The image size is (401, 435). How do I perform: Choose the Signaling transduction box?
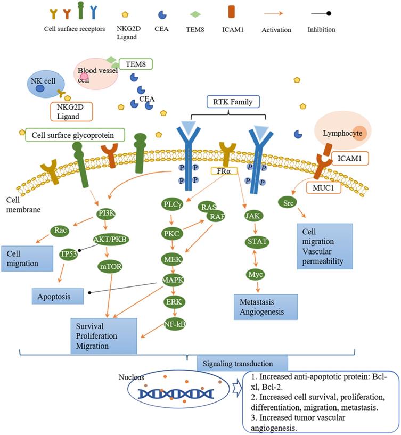click(x=242, y=364)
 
